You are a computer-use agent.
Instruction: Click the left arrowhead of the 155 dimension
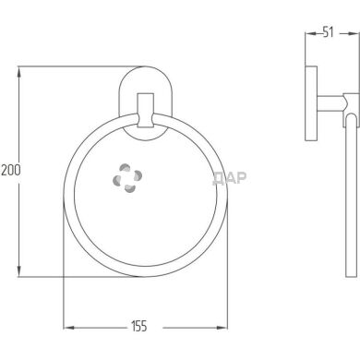66,328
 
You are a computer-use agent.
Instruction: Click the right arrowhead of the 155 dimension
224,328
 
